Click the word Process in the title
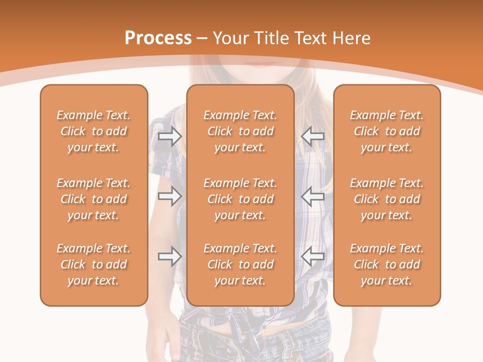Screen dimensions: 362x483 (x=158, y=38)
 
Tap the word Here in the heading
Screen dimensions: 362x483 (x=352, y=38)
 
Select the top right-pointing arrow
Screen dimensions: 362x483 (x=170, y=136)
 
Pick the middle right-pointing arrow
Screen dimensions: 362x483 (x=170, y=197)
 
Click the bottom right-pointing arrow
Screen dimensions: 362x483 (x=170, y=256)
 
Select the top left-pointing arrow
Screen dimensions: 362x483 (x=313, y=136)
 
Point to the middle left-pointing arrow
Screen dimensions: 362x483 (x=313, y=197)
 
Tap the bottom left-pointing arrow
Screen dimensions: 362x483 (x=313, y=256)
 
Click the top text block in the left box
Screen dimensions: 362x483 (x=94, y=131)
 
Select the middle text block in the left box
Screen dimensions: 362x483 (x=94, y=199)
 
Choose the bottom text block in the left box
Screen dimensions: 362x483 (x=94, y=264)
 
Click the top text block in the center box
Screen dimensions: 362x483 (x=240, y=131)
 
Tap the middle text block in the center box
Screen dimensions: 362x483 (x=240, y=199)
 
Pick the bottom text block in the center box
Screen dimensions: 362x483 (x=240, y=264)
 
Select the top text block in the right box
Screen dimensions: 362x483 (x=387, y=131)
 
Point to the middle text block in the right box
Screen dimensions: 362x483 (x=387, y=199)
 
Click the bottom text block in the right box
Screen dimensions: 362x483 (x=387, y=264)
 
